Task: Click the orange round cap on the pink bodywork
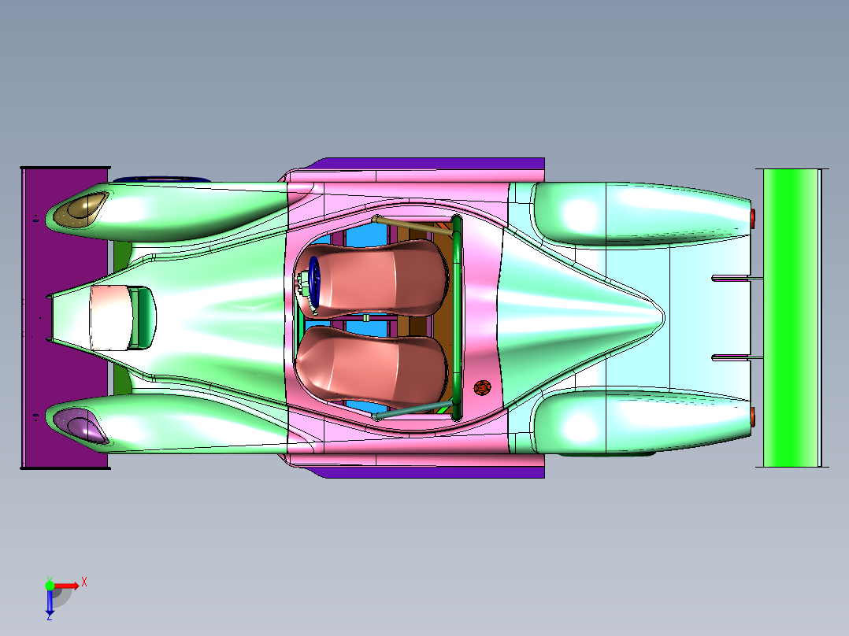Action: (x=482, y=387)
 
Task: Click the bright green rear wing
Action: (x=791, y=318)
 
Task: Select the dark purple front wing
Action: (x=65, y=318)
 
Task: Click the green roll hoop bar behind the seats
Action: (x=457, y=318)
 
